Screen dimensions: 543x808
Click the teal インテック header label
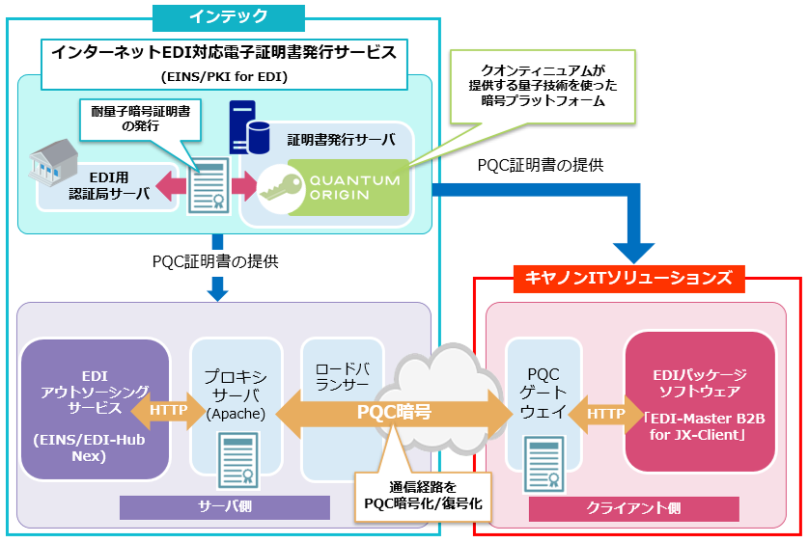(x=228, y=16)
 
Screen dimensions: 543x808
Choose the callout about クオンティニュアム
(x=543, y=86)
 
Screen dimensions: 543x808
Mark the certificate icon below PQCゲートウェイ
(x=543, y=462)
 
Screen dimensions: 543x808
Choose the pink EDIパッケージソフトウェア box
(x=700, y=406)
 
